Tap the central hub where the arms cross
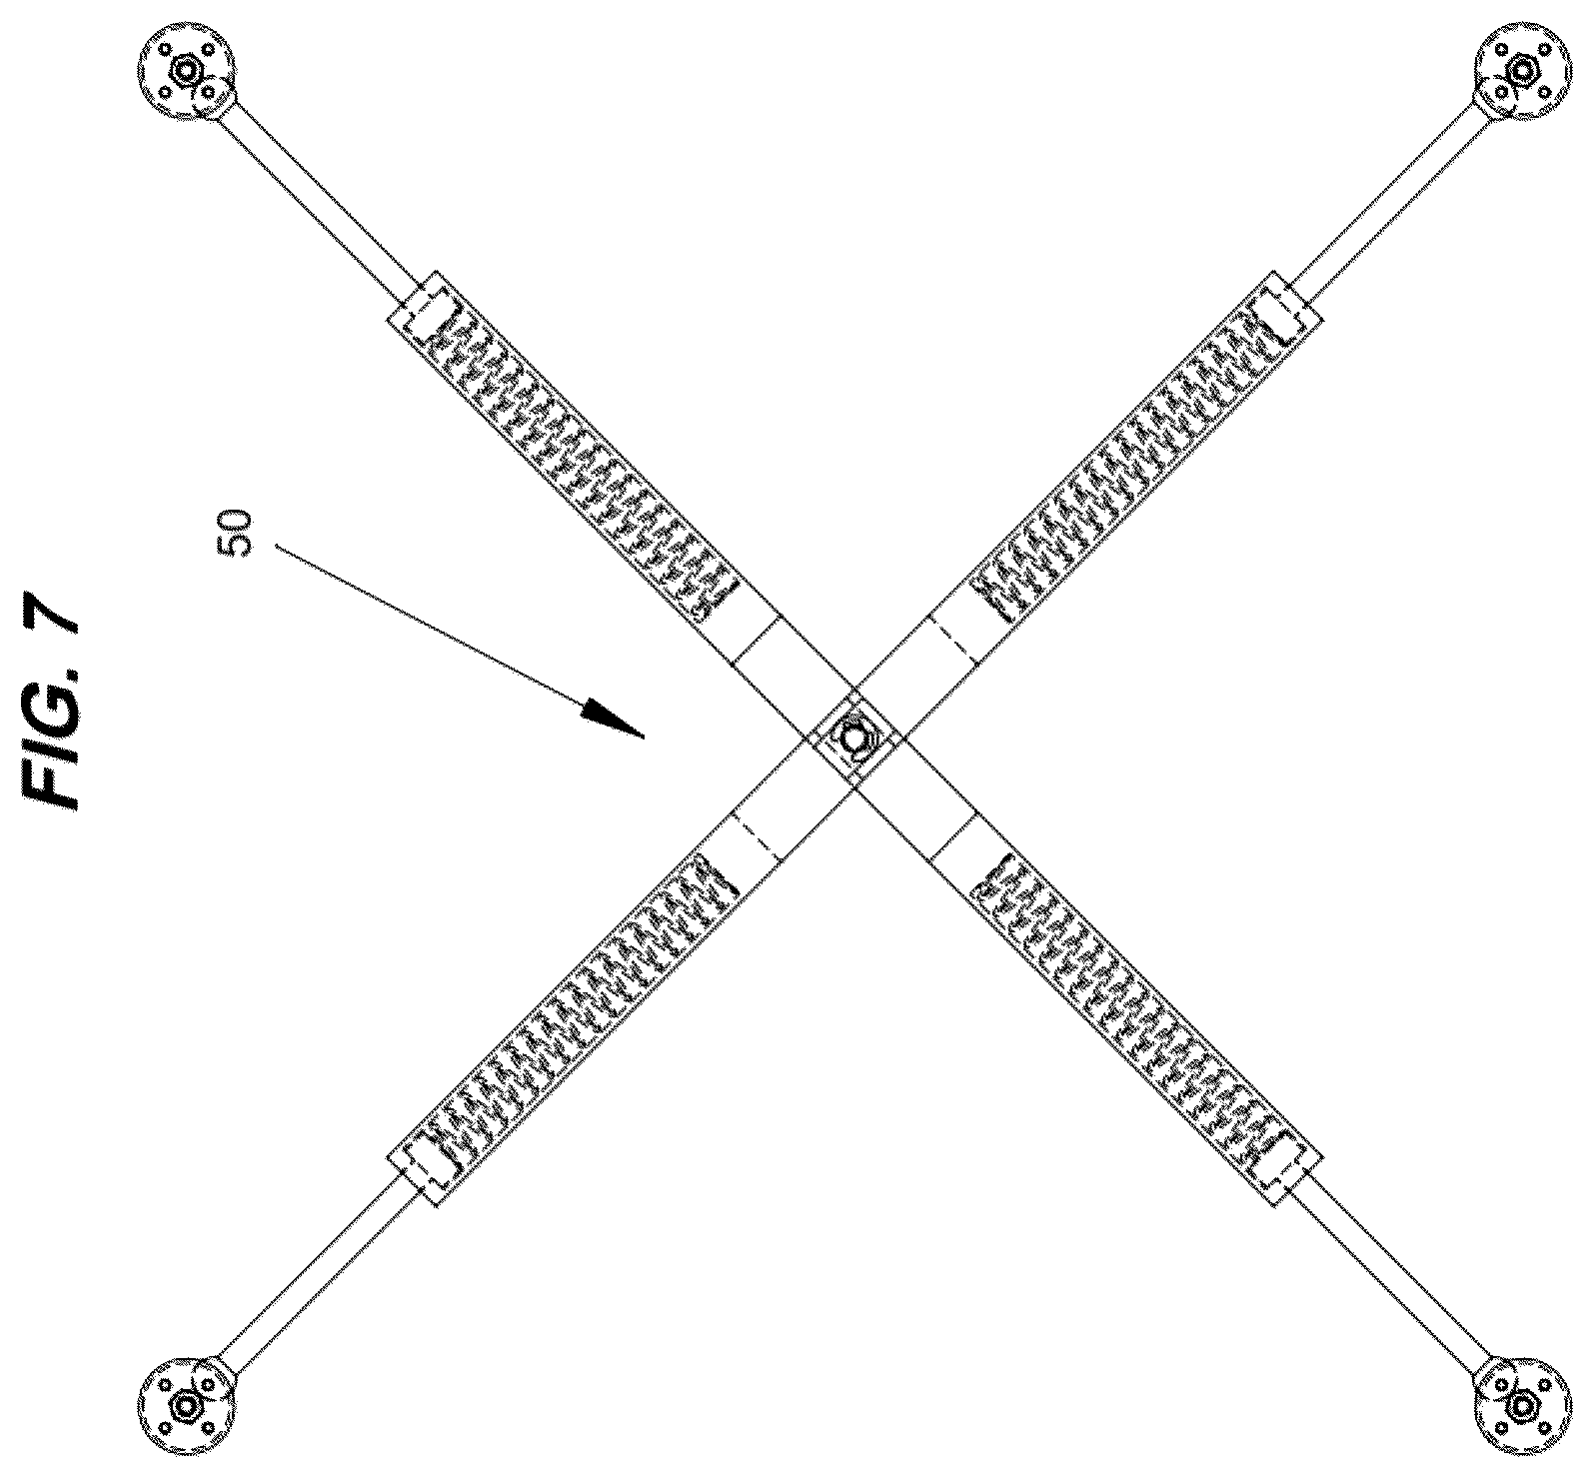click(854, 739)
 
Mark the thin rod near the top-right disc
click(1390, 204)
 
